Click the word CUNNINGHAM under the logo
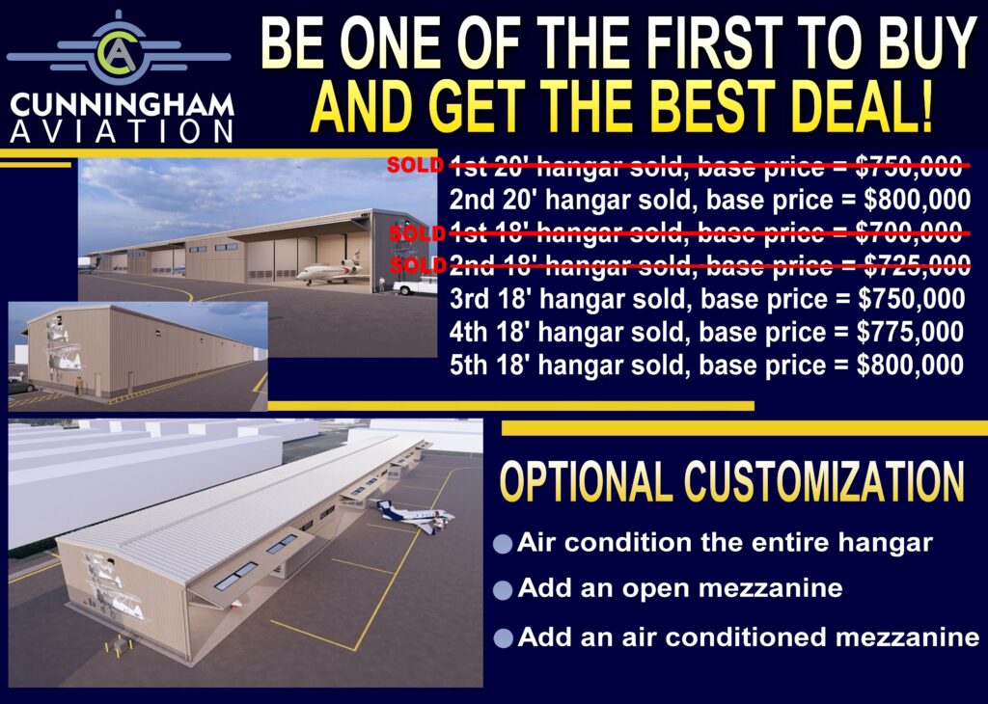coord(122,105)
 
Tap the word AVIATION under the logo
coord(122,131)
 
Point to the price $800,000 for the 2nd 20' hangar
coord(917,200)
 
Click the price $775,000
coord(910,332)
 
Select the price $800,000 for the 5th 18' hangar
coord(910,366)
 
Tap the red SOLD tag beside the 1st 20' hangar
coord(415,165)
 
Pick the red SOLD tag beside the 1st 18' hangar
coord(417,233)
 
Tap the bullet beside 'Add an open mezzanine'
coord(503,590)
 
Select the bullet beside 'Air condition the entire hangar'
coord(503,543)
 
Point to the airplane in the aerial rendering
coord(413,516)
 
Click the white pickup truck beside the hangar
coord(415,285)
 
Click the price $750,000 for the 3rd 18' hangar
coord(911,299)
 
